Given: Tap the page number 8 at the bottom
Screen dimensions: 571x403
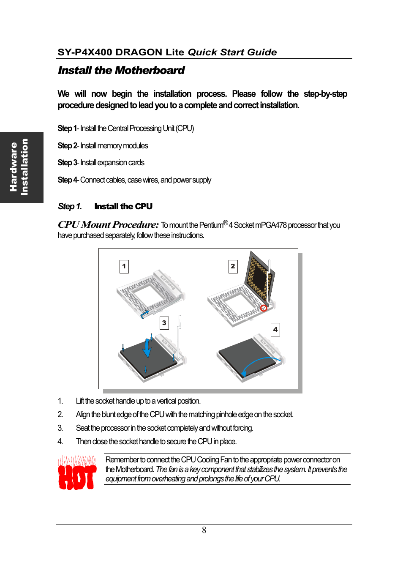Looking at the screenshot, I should pos(204,530).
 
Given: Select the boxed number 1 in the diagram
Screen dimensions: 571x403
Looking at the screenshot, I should pos(124,266).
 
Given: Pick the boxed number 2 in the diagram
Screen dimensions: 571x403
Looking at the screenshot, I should pos(233,266).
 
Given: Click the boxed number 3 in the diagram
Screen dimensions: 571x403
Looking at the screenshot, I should pos(164,323).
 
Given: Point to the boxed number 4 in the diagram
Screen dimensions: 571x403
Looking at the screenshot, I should pos(275,329).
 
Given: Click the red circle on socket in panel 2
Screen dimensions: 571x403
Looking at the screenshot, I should pos(264,308).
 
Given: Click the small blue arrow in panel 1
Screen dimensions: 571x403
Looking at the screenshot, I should pos(144,314).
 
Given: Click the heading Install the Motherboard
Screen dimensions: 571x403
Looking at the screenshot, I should pos(121,70).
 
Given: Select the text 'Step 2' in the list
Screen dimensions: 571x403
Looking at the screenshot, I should pos(67,146).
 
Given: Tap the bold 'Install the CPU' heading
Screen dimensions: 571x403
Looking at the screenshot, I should pos(123,206).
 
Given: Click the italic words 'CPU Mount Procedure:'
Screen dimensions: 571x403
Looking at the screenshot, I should pos(108,224).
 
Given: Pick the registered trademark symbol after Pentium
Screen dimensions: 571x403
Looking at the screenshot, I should pos(226,223).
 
